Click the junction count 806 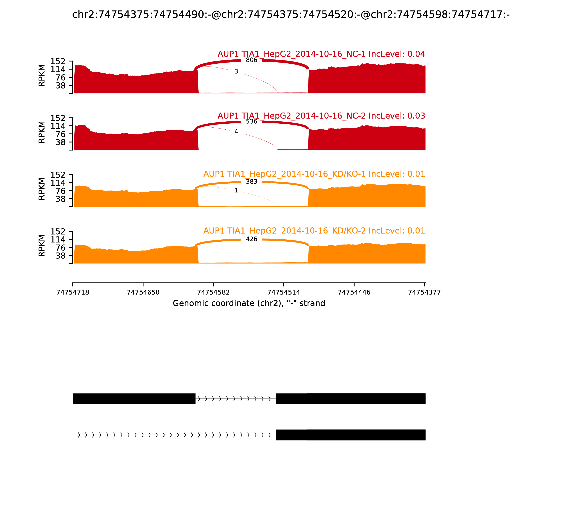click(252, 60)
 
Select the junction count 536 click(252, 122)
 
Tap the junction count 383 click(252, 181)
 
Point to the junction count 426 click(252, 239)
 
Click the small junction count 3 click(236, 72)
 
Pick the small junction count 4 click(236, 131)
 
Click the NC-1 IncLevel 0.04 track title click(321, 54)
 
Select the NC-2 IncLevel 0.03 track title click(321, 116)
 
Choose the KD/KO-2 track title click(314, 231)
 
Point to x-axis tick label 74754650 click(143, 292)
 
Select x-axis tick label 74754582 click(213, 292)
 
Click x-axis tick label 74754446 click(354, 292)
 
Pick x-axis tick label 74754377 click(424, 292)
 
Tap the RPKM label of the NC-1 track click(41, 76)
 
